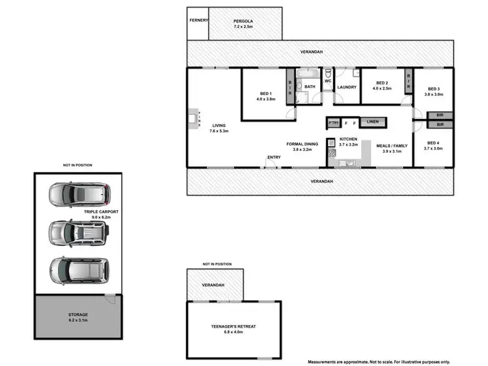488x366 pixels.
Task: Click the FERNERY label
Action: click(x=198, y=20)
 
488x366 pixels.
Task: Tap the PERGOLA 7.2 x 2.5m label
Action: click(x=243, y=25)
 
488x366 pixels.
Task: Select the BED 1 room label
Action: click(x=266, y=97)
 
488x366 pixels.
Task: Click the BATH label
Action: click(x=309, y=86)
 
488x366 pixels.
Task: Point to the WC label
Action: click(x=328, y=81)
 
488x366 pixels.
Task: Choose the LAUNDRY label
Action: click(x=346, y=86)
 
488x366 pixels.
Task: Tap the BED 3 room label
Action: click(x=434, y=92)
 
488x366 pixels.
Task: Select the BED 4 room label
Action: click(x=433, y=146)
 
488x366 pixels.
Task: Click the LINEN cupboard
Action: click(x=372, y=122)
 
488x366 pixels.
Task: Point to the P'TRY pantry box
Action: click(x=334, y=122)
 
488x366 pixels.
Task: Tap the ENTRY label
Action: click(x=274, y=157)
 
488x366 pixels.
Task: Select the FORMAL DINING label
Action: click(x=302, y=146)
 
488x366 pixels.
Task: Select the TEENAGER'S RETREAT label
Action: click(x=233, y=329)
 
